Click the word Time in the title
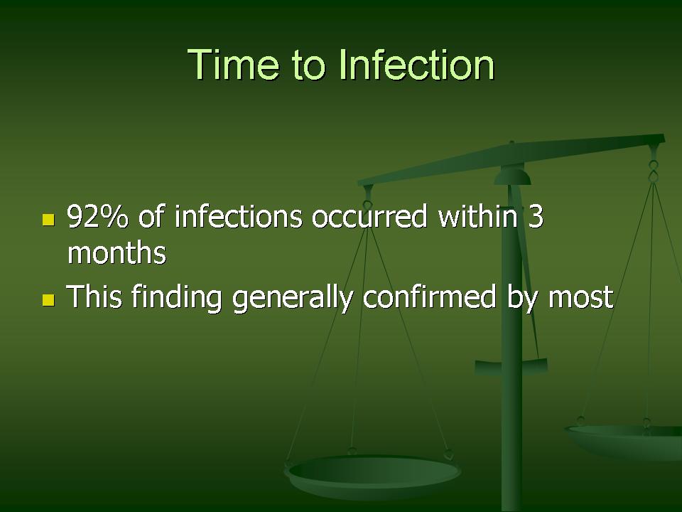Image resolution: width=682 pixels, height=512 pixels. (233, 65)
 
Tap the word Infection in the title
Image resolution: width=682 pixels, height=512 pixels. (417, 65)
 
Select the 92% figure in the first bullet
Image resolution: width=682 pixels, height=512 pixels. (98, 216)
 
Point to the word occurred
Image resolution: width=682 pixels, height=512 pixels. (369, 217)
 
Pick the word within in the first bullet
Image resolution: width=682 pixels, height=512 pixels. (477, 216)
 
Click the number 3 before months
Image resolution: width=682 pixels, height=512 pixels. (536, 216)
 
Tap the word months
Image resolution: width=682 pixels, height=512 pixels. (117, 253)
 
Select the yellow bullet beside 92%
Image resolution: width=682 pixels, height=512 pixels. (49, 220)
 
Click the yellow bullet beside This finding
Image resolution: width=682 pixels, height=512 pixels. (49, 300)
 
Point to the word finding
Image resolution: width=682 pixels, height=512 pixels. (177, 297)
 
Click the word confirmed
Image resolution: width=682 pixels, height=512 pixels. (429, 297)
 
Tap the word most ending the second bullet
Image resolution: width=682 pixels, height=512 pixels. (580, 298)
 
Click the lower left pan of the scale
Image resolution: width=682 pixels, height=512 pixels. (373, 476)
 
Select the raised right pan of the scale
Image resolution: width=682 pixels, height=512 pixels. (623, 441)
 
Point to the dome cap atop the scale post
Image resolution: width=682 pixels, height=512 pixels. (512, 177)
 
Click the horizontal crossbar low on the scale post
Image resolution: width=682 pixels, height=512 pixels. (511, 368)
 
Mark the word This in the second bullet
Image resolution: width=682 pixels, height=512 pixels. (94, 297)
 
